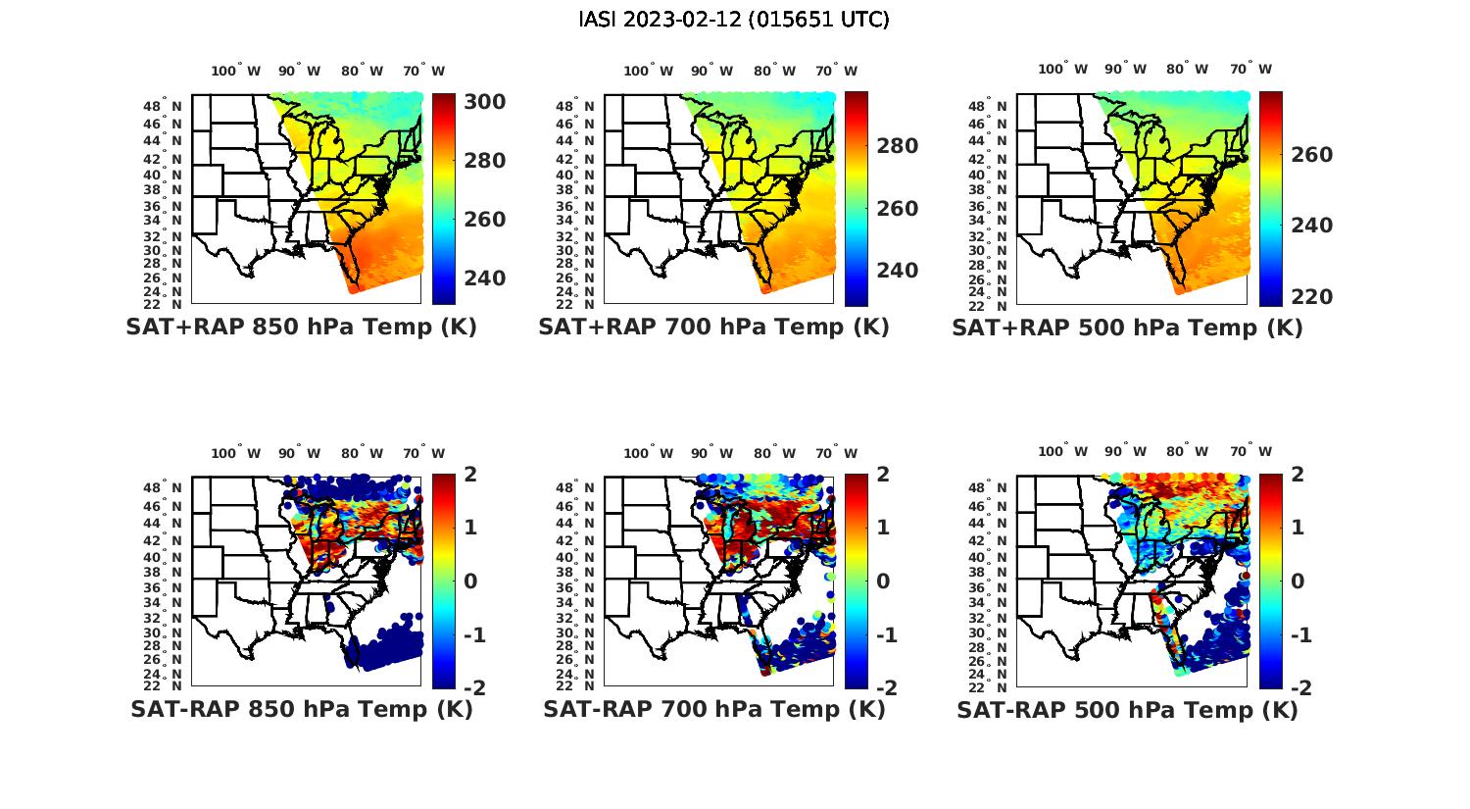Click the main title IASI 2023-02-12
[734, 20]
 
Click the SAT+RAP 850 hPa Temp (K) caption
[301, 328]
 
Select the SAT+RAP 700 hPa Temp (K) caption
[713, 328]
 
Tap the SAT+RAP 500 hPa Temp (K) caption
[1127, 328]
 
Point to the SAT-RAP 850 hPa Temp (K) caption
[302, 710]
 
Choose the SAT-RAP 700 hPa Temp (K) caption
[714, 710]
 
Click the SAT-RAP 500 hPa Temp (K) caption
[1127, 710]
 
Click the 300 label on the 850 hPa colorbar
[484, 102]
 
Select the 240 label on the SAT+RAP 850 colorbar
[484, 278]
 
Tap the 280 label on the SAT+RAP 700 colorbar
[897, 146]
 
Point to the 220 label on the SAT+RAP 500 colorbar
[1311, 296]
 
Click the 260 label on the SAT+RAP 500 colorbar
[1311, 155]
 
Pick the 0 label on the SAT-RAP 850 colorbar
[469, 581]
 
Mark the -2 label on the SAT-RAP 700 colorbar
[885, 687]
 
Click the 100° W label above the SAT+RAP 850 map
[236, 71]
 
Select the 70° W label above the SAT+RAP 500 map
[1251, 69]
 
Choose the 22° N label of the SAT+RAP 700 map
[576, 304]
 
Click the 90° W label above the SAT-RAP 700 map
[711, 453]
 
